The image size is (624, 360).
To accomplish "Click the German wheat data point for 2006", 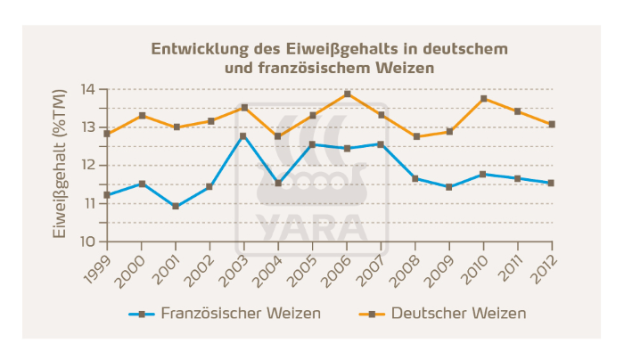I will click(347, 94).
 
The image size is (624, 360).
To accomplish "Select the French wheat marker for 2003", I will click(244, 135).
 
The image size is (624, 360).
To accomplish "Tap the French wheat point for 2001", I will click(176, 206).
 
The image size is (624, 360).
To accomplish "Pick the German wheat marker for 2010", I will click(484, 98).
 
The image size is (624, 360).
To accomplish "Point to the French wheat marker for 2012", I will click(552, 183).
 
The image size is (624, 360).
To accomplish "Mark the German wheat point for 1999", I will click(107, 134).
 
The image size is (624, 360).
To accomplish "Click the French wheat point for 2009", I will click(449, 187).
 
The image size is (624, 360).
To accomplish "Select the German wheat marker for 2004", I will click(278, 136).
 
